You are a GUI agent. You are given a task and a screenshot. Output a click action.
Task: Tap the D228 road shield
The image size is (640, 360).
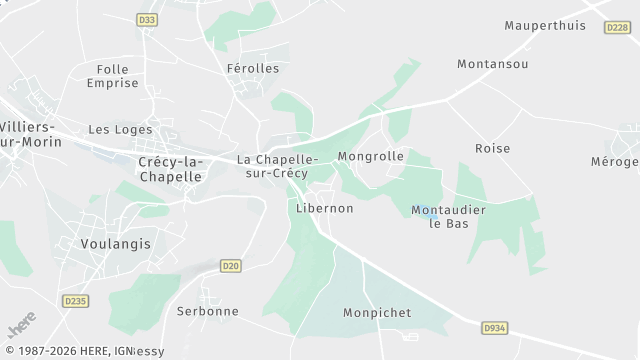point(617,28)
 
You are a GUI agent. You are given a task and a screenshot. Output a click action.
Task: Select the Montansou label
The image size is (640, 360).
point(492,63)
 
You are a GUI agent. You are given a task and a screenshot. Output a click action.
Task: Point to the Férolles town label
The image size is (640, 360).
point(252,69)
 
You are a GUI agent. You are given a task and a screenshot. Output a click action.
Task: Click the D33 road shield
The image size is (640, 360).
point(147,20)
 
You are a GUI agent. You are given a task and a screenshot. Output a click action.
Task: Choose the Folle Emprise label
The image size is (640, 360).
point(112,76)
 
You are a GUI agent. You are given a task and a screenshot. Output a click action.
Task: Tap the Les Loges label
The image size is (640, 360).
point(120,129)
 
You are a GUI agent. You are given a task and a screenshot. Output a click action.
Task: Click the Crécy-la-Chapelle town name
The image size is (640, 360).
point(169,169)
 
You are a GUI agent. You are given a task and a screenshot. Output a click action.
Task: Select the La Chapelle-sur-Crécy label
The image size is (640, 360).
point(277,166)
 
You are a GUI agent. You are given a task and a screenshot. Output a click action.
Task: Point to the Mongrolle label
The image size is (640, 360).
point(371,157)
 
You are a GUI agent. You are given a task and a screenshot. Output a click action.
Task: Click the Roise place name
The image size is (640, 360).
point(492,148)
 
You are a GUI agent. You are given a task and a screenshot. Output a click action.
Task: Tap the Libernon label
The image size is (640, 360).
point(325,208)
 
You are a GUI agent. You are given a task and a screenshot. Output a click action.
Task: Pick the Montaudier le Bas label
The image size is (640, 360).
point(448,216)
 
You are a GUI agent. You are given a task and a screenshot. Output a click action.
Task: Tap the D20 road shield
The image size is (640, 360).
point(231,265)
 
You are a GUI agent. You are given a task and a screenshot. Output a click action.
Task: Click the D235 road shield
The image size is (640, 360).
point(74,300)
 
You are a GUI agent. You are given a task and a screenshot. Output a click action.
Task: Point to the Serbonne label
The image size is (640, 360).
point(208,311)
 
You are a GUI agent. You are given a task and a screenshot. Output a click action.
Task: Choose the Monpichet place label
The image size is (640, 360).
point(376,312)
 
